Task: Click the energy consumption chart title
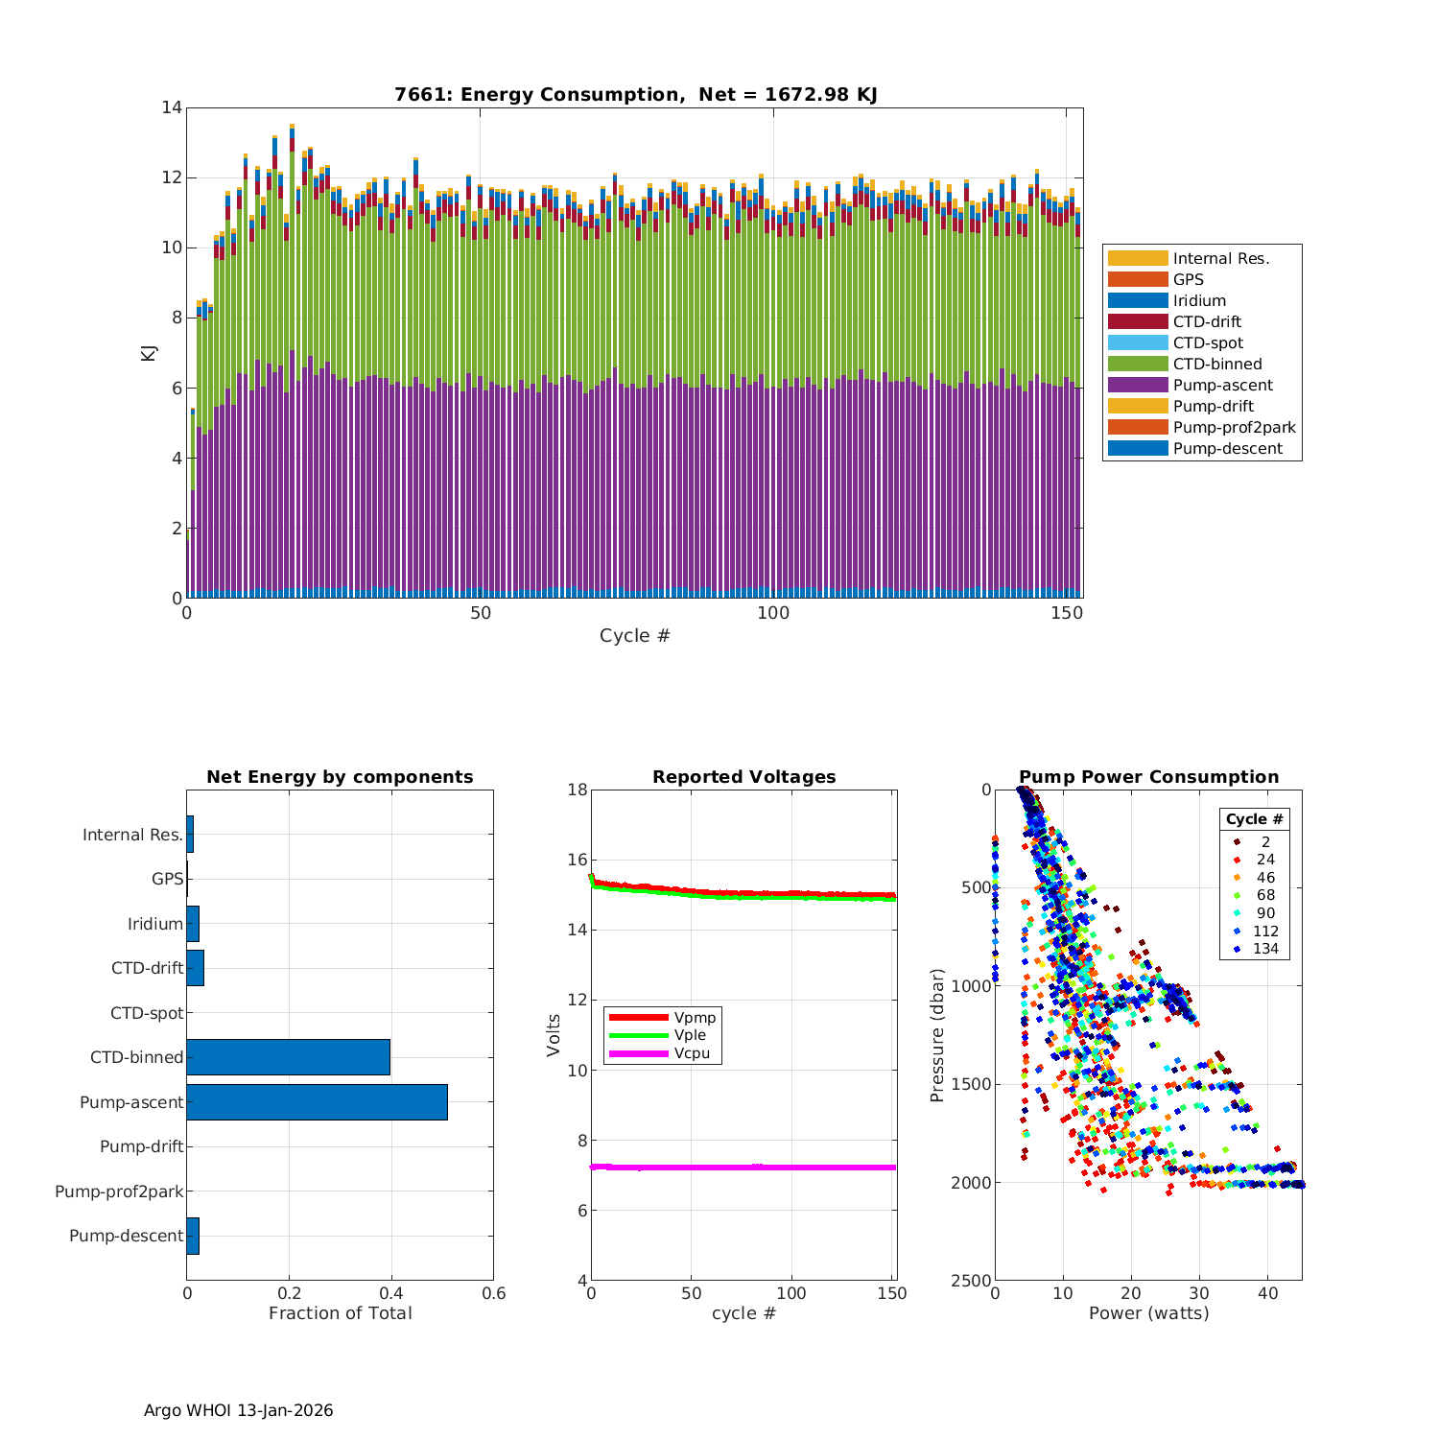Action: (635, 94)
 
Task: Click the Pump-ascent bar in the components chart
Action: (317, 1102)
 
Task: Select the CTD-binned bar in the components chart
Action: (288, 1057)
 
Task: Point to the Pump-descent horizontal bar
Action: (193, 1236)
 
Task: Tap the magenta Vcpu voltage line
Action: (743, 1167)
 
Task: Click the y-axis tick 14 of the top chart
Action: (172, 107)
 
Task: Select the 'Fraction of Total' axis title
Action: (340, 1312)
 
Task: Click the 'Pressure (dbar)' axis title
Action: (937, 1034)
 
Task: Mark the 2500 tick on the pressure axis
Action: (972, 1281)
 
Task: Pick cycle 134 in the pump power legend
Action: (1264, 949)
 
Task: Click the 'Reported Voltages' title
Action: (743, 777)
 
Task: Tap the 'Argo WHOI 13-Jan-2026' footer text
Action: (238, 1410)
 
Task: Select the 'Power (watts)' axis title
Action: (1148, 1312)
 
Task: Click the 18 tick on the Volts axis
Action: (577, 790)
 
